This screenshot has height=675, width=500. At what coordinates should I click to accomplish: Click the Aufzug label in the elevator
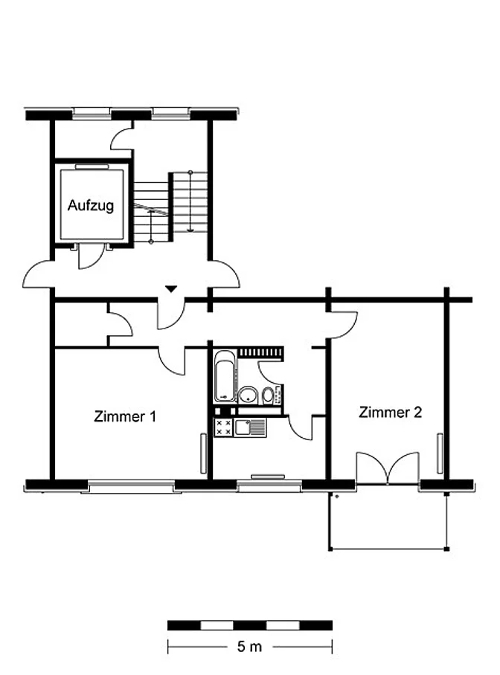(91, 205)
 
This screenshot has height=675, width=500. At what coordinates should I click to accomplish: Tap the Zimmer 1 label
(125, 416)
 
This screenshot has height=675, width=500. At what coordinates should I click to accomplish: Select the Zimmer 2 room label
(390, 412)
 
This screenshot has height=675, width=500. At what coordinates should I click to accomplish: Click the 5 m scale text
(249, 646)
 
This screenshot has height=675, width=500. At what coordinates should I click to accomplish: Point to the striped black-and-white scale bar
(250, 625)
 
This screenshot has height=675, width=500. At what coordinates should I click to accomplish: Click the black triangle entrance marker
(171, 289)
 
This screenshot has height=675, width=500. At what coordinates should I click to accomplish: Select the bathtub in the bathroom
(225, 377)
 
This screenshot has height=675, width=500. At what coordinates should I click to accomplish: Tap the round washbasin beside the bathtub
(248, 395)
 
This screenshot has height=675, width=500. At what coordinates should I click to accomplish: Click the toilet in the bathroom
(268, 394)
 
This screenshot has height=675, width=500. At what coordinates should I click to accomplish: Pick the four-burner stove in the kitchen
(224, 427)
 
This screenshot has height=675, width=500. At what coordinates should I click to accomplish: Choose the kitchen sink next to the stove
(250, 427)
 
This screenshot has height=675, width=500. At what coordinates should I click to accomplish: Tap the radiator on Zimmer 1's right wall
(203, 453)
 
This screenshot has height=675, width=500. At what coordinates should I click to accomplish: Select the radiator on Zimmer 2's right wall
(440, 453)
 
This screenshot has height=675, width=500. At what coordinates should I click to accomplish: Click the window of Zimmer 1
(131, 487)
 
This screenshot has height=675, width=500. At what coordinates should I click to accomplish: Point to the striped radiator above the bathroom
(261, 352)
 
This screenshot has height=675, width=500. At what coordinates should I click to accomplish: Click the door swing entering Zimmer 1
(173, 361)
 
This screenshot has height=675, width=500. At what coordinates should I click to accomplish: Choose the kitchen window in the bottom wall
(269, 486)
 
